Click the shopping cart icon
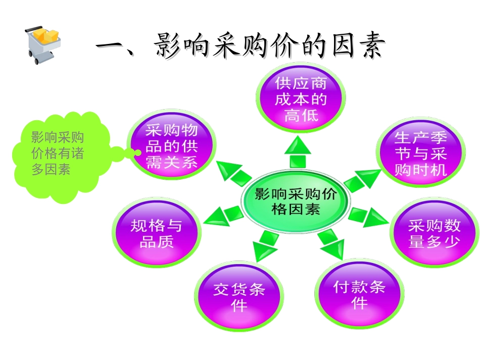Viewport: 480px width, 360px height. pos(41,44)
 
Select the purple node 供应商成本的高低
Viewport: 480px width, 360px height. pos(301,99)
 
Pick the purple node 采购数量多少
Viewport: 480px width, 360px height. pos(434,233)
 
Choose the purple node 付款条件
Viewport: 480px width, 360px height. pos(359,295)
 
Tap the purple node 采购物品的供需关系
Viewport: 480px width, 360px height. pos(171,146)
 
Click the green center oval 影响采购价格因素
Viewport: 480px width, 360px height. pos(296,201)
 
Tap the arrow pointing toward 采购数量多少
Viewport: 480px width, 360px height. pos(368,217)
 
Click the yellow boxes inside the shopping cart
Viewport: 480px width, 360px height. pos(46,36)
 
